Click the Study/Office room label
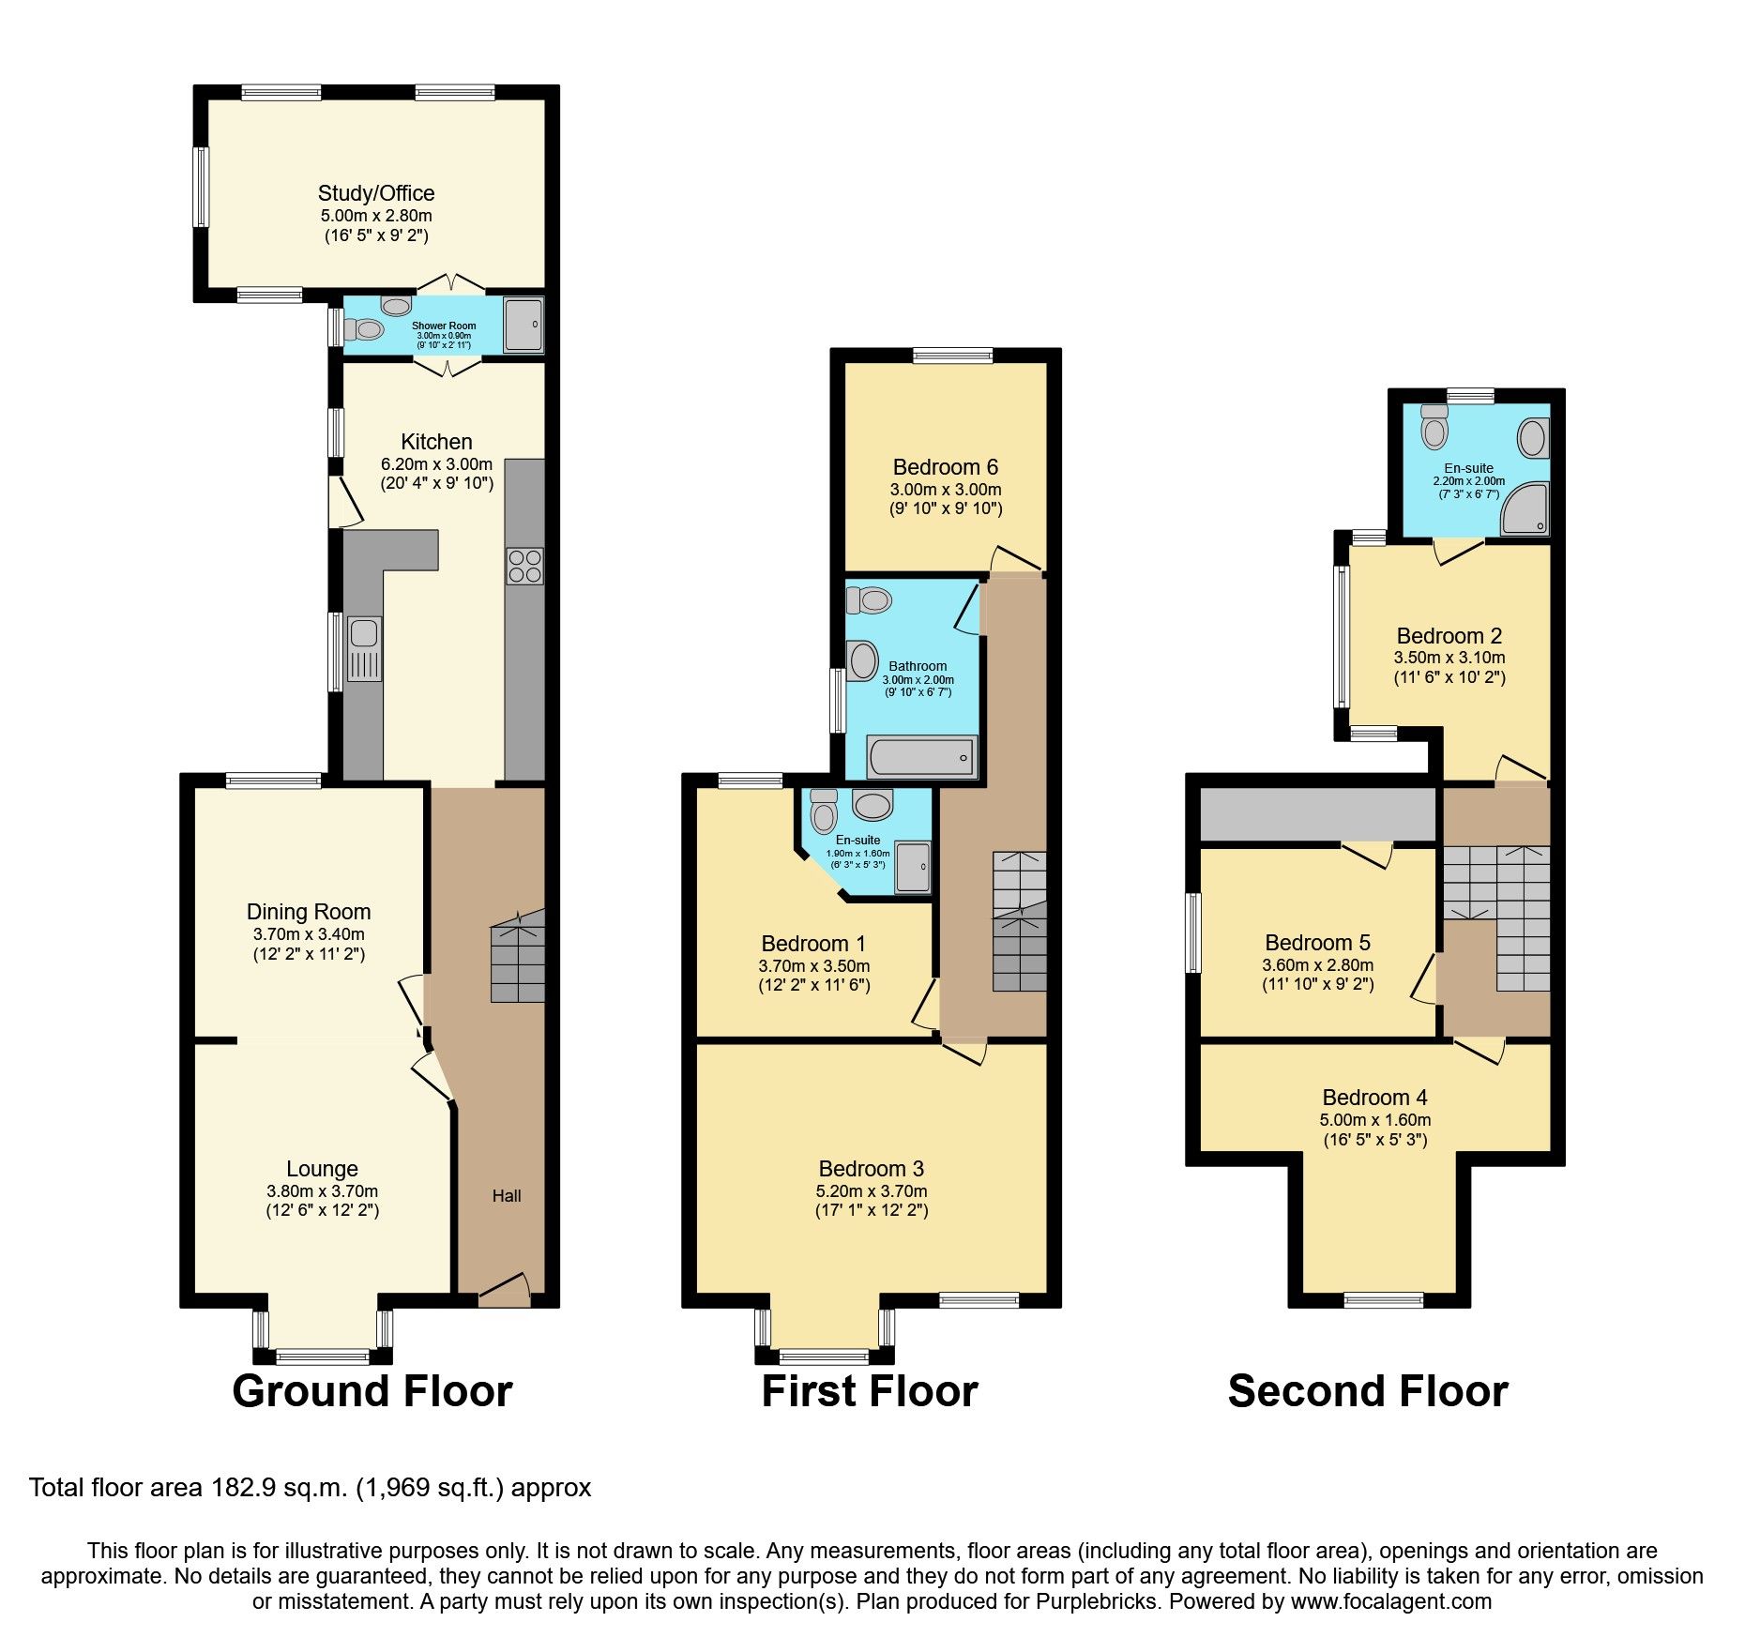click(375, 193)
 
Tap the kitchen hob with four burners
click(524, 566)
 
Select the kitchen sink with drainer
click(364, 647)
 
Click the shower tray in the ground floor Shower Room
click(523, 325)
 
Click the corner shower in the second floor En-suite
click(1524, 509)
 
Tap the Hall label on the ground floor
click(507, 1195)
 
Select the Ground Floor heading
click(372, 1391)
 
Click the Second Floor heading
click(1367, 1391)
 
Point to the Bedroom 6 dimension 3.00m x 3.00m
click(945, 490)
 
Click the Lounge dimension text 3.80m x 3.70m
click(322, 1190)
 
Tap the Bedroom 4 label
click(1374, 1098)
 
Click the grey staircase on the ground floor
click(517, 957)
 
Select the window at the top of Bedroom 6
click(952, 356)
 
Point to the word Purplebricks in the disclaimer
click(1097, 1601)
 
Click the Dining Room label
click(309, 912)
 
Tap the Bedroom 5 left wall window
click(1193, 932)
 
